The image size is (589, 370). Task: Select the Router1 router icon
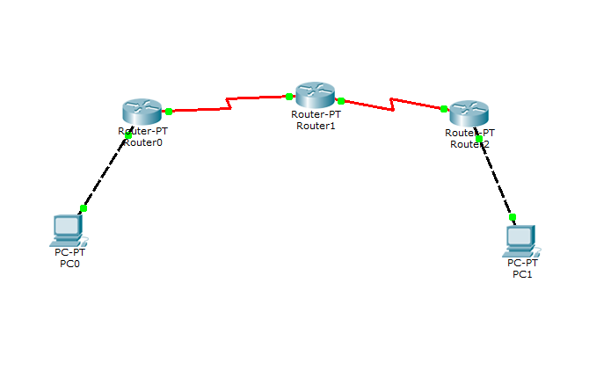click(x=314, y=95)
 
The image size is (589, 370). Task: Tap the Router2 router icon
click(x=467, y=113)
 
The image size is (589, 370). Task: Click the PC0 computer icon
click(x=68, y=230)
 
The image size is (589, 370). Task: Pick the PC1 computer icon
click(x=521, y=239)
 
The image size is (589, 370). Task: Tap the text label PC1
click(x=522, y=274)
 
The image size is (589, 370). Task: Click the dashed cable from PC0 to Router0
click(x=105, y=171)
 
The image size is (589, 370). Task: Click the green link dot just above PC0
click(x=84, y=208)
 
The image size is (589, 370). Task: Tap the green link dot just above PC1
click(x=513, y=216)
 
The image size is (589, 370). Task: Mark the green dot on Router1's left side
click(x=288, y=96)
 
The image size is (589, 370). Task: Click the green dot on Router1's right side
click(x=341, y=101)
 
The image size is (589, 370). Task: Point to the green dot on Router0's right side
click(x=169, y=112)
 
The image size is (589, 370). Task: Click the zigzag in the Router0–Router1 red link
click(x=229, y=103)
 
